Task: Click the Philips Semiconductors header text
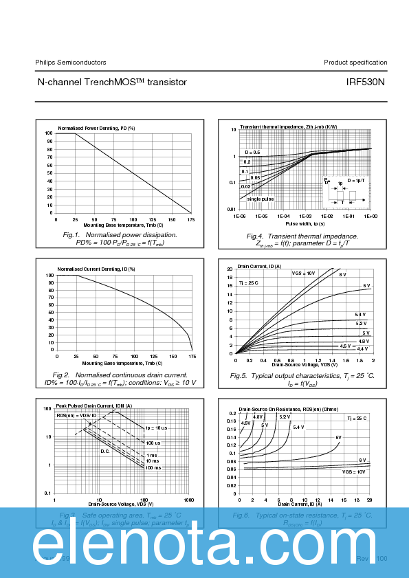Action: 71,63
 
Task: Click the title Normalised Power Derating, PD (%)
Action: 96,128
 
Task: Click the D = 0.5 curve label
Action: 252,152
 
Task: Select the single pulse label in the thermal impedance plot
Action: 261,199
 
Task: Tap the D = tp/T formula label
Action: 357,179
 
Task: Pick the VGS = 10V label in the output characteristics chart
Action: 303,274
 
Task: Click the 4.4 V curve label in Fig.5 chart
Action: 362,349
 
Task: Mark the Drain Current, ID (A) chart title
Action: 259,266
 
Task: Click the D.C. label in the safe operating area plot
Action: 105,451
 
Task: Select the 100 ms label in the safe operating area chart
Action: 153,467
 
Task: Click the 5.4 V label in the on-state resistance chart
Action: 298,427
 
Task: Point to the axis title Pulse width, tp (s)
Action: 305,224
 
